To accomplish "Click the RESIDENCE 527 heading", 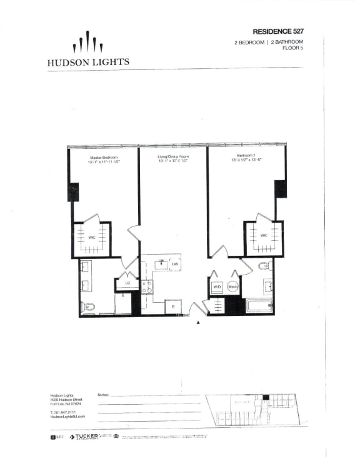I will click(x=277, y=31).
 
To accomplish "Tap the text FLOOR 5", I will click(x=292, y=48).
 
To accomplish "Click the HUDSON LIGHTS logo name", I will click(x=88, y=62).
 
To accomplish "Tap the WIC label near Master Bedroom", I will click(x=91, y=238).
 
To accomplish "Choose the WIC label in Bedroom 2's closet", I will click(x=264, y=235).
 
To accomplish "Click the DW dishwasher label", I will click(x=176, y=265).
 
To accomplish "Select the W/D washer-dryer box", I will click(x=217, y=287).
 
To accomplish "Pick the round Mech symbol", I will click(x=232, y=287).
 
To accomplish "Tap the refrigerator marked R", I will click(x=172, y=306).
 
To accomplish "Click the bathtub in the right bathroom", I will click(x=257, y=306).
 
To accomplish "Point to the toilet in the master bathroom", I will click(x=87, y=306).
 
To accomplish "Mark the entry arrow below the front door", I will click(x=198, y=322).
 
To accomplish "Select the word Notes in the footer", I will click(x=104, y=395).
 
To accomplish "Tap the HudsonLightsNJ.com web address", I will click(x=67, y=416).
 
